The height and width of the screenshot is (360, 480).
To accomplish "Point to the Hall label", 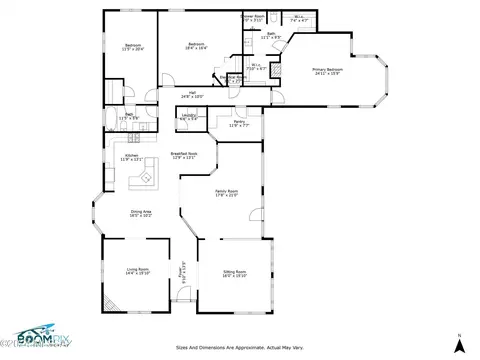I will tap(192, 94).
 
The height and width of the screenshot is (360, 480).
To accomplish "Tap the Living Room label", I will tap(137, 270).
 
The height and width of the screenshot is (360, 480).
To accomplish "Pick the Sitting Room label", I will tap(234, 273).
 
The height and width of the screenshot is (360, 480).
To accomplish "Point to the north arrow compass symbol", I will tap(458, 341).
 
